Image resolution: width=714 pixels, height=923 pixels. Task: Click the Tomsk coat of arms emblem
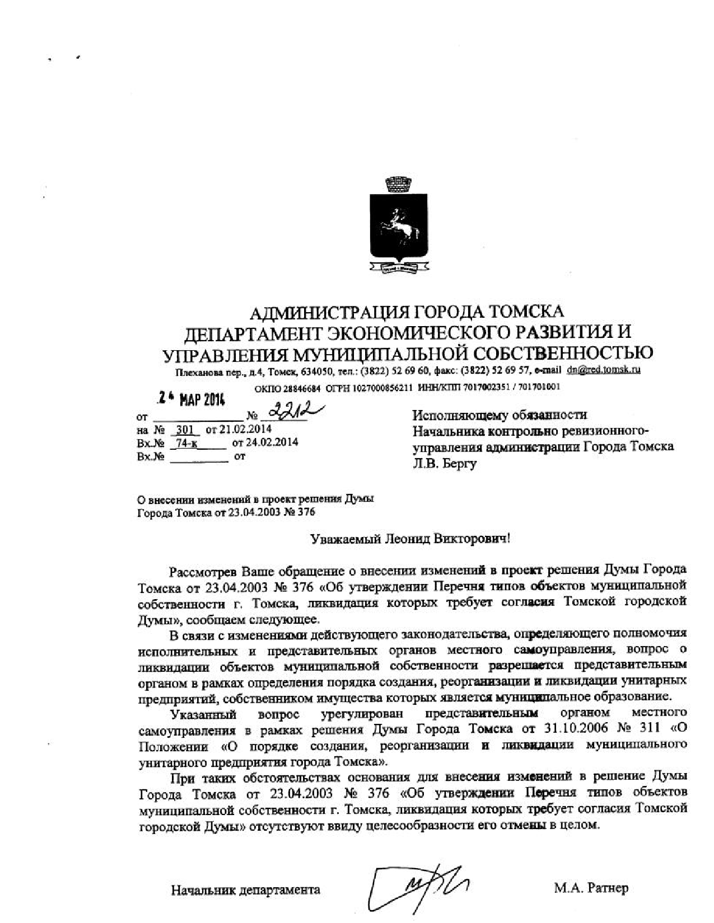click(398, 224)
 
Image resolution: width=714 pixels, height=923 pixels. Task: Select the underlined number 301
click(185, 430)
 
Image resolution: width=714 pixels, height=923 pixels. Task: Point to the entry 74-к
click(184, 443)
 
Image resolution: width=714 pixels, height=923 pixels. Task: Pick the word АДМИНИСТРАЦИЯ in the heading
click(325, 312)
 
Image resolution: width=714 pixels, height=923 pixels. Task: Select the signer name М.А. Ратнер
click(591, 888)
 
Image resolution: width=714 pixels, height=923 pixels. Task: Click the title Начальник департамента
click(246, 889)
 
